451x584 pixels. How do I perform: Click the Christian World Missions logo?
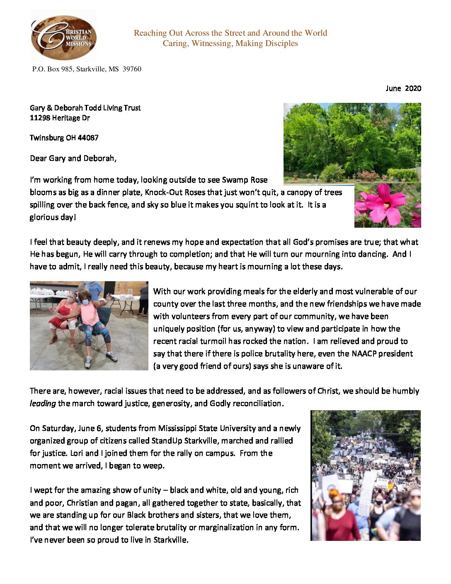pos(63,36)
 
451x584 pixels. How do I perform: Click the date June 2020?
pos(403,88)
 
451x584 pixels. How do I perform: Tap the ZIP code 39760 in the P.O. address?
pos(132,69)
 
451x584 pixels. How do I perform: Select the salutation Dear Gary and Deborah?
pos(73,158)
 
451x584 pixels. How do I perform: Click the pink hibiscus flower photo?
pos(387,206)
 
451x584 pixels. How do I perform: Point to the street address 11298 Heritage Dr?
pos(60,118)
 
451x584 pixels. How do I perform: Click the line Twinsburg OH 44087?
pos(64,138)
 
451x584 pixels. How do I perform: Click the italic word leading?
pos(42,404)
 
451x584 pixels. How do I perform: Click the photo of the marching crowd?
pos(365,475)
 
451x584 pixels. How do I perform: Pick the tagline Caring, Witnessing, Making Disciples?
pos(230,44)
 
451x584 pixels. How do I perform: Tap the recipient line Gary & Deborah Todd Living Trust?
pos(85,108)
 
